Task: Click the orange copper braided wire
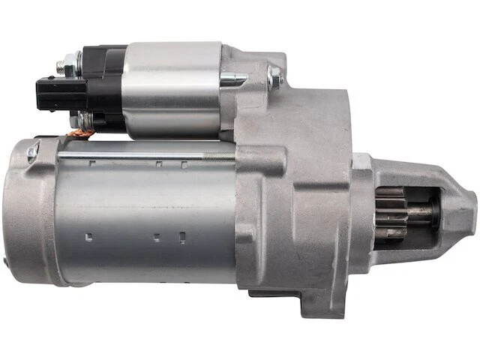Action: [x=83, y=136]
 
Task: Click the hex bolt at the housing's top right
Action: [x=274, y=76]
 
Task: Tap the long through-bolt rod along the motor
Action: [x=135, y=157]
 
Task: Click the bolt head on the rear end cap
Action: [x=32, y=154]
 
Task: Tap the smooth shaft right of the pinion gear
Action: [x=420, y=211]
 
